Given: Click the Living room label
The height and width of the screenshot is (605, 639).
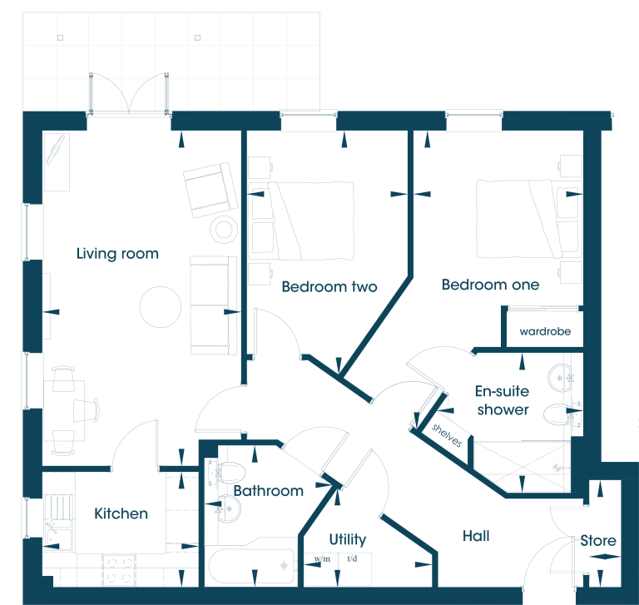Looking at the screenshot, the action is point(117,254).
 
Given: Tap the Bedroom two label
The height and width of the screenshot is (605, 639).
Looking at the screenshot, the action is point(329,286).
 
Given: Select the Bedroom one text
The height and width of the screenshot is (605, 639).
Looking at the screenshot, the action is point(490,285).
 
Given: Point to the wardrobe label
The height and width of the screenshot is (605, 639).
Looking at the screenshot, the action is point(545,331).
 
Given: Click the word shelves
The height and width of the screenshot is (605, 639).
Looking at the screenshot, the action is point(447,435).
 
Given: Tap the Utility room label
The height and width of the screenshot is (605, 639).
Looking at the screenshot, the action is point(348,539).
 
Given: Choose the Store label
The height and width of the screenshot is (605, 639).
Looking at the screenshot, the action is point(598,541).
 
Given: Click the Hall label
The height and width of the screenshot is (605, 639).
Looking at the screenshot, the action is point(476,536).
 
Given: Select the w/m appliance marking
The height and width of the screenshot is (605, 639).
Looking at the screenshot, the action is point(322,558).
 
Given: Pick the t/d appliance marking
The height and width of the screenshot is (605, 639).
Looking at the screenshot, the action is point(352,558).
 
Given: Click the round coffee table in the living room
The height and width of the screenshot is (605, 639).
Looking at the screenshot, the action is point(161,307).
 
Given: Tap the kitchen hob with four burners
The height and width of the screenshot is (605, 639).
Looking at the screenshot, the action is point(119,569).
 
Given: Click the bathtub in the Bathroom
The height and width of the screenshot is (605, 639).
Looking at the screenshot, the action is point(251,566).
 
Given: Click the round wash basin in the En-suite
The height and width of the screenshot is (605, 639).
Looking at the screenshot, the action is point(561,378).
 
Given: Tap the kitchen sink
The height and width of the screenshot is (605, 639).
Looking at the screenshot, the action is point(60,523).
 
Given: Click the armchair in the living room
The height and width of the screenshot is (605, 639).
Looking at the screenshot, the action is point(211,190).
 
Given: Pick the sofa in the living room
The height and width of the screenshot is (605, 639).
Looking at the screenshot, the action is point(213,305).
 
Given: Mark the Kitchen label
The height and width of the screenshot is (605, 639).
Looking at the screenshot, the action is point(121,513).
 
